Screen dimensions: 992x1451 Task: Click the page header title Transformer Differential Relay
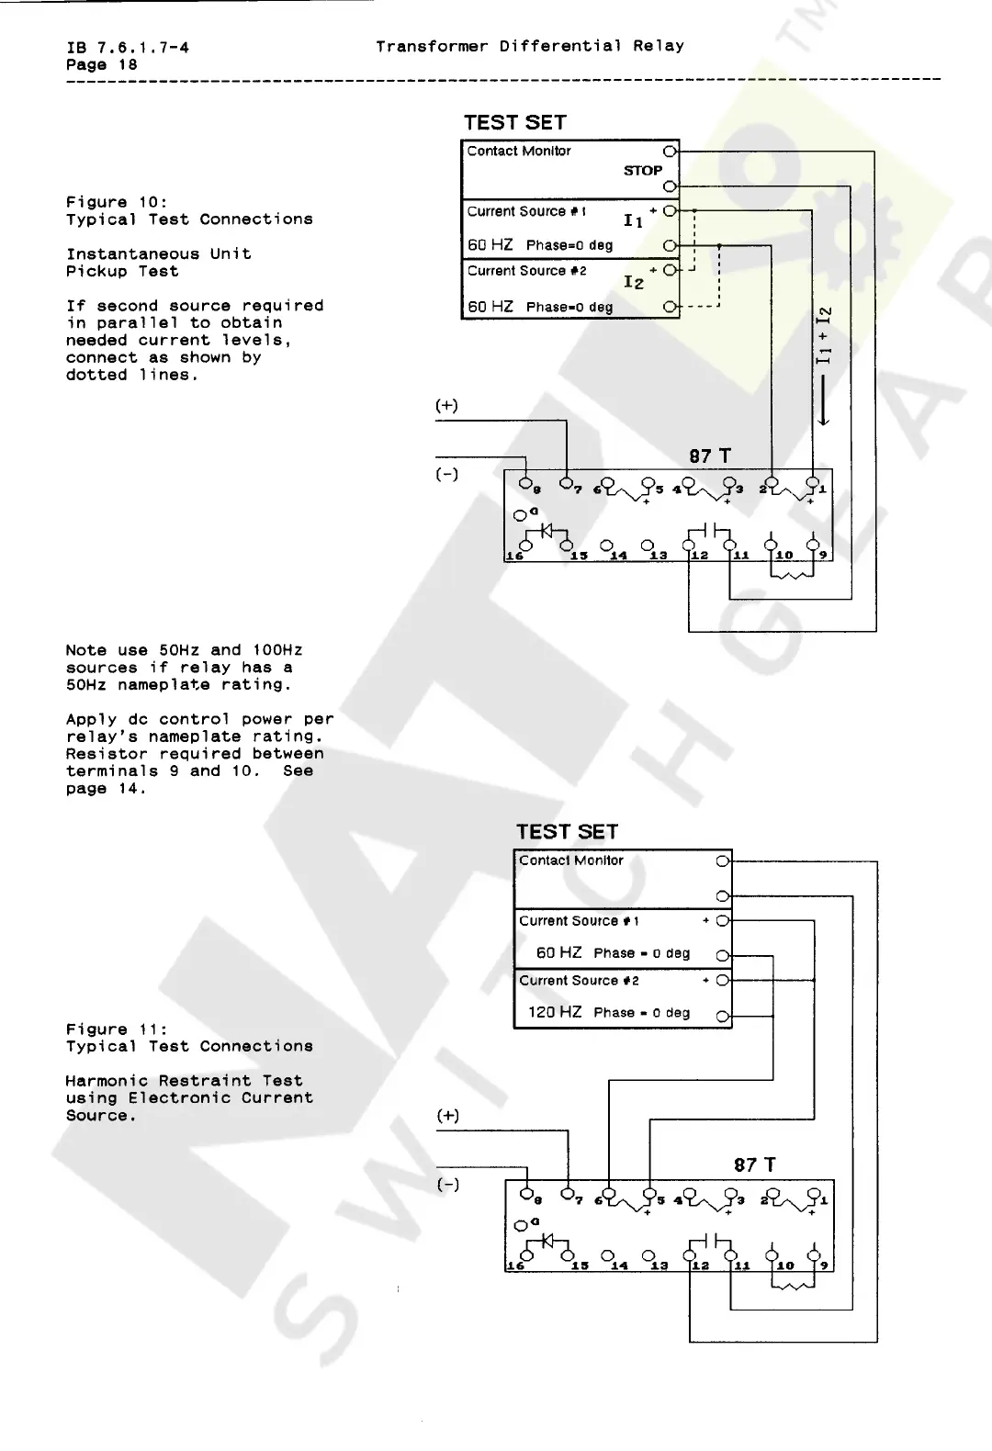point(529,46)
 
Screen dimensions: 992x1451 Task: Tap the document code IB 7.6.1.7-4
point(128,47)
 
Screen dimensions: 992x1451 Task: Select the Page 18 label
point(101,64)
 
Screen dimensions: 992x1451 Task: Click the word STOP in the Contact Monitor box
point(642,170)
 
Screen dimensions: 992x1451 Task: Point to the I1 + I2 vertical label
point(824,335)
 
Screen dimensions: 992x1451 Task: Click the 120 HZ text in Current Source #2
point(555,1012)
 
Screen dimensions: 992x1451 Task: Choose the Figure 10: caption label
point(116,202)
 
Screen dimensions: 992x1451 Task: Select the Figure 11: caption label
point(116,1029)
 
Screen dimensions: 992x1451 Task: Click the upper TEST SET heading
point(514,123)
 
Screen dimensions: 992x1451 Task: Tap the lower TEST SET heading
point(567,832)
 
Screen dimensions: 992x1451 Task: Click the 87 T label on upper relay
point(710,456)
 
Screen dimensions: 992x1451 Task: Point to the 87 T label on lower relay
point(754,1164)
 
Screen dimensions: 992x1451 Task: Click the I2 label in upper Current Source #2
point(634,283)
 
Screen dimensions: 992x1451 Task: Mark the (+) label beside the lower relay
point(447,1116)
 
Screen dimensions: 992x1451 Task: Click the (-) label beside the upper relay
point(446,474)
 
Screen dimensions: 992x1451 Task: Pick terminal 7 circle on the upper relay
point(567,482)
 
